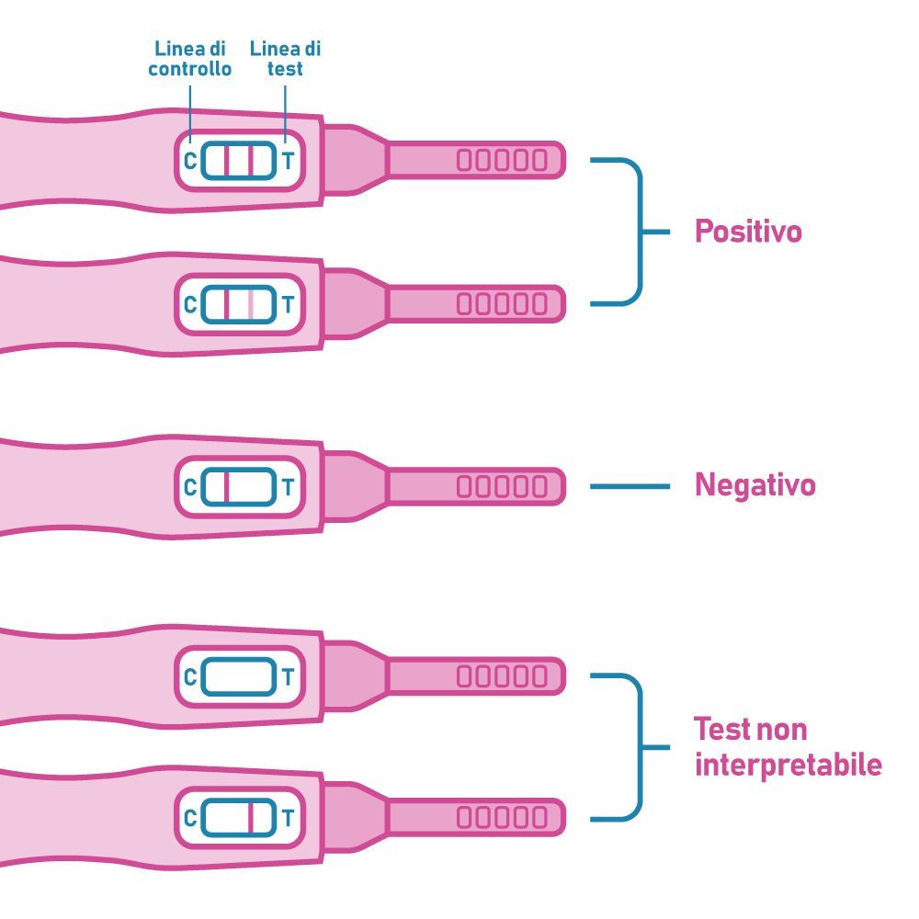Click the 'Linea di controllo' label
coord(190,59)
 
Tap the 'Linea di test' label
coord(286,59)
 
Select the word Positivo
coord(748,231)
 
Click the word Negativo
coord(754,485)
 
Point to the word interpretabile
coord(789,765)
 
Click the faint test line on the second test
coord(251,304)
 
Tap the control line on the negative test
coord(226,486)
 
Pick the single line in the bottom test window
coord(251,817)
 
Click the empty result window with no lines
coord(239,676)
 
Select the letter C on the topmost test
coord(190,161)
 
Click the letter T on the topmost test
coord(288,161)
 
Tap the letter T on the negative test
coord(288,487)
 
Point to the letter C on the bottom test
coord(190,818)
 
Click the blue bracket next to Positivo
coord(642,232)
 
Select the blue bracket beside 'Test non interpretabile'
coord(642,747)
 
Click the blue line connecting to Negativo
coord(630,486)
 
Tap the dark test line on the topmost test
coord(251,160)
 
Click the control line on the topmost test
coord(226,160)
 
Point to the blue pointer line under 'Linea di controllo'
coord(190,114)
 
